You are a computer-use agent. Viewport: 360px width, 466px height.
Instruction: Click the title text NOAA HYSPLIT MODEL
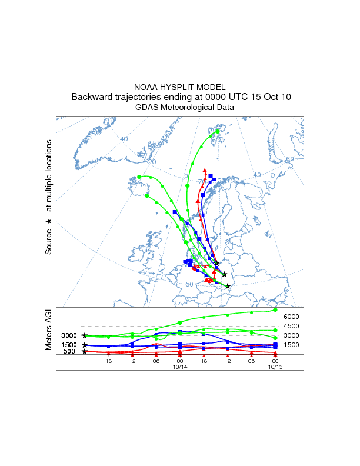tap(180, 86)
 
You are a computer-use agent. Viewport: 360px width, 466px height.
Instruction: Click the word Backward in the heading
tap(91, 97)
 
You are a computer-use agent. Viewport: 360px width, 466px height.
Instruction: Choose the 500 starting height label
tap(69, 352)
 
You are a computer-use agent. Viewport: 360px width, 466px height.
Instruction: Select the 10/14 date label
tap(180, 367)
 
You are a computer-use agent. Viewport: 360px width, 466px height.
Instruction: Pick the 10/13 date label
tap(275, 367)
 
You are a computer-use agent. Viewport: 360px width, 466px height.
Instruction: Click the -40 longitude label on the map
tap(123, 139)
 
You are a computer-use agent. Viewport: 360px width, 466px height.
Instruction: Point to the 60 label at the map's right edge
tap(289, 159)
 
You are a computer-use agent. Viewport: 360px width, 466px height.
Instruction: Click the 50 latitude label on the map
tap(189, 285)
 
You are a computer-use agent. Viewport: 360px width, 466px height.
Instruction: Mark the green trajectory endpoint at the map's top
tap(218, 132)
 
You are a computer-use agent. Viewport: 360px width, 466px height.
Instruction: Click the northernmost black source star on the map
tap(217, 264)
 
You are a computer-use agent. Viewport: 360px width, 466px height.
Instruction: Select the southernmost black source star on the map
tap(228, 286)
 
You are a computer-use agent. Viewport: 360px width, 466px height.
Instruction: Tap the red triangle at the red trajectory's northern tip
tap(205, 171)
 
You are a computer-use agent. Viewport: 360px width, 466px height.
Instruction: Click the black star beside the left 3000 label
tap(85, 335)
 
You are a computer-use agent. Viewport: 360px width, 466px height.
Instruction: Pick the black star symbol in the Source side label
tap(49, 221)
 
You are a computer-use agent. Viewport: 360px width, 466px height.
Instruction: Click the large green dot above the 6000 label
tap(275, 309)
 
